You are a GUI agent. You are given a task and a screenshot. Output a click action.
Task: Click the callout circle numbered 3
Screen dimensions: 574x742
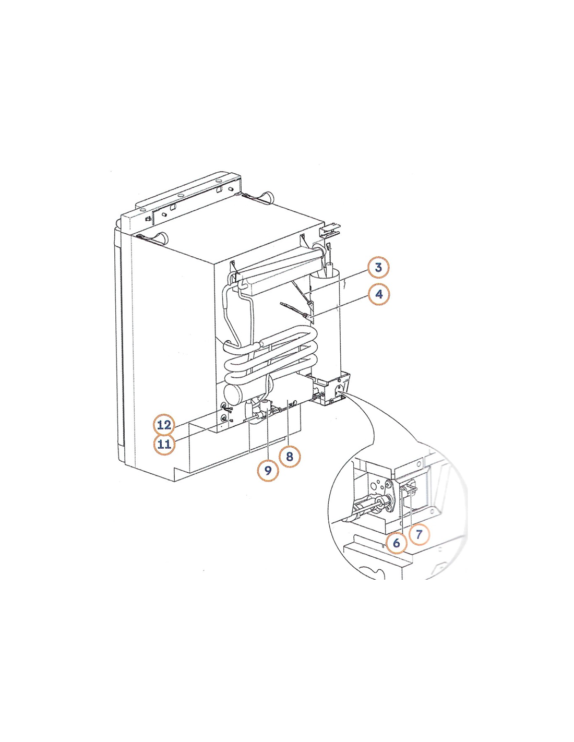(x=378, y=267)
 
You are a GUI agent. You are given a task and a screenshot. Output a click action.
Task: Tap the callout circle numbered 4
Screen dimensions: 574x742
(x=379, y=294)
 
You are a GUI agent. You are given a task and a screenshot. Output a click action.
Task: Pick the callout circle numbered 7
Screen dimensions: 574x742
(x=418, y=534)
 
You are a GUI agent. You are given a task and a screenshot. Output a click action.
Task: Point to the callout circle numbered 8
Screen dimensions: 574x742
(x=290, y=457)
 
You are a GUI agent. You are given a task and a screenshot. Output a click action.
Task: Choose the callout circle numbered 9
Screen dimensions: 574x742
(x=268, y=470)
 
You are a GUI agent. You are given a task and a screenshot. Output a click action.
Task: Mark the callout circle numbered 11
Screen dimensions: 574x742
(x=164, y=444)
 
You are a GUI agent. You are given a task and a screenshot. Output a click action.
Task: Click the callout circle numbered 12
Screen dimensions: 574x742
(x=164, y=425)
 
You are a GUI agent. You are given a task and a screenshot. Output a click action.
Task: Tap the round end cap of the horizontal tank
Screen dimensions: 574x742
(x=232, y=396)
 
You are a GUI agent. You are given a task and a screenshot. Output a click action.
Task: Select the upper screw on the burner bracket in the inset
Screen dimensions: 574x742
(x=389, y=484)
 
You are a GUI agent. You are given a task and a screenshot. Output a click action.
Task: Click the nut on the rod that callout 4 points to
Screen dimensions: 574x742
(x=303, y=316)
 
